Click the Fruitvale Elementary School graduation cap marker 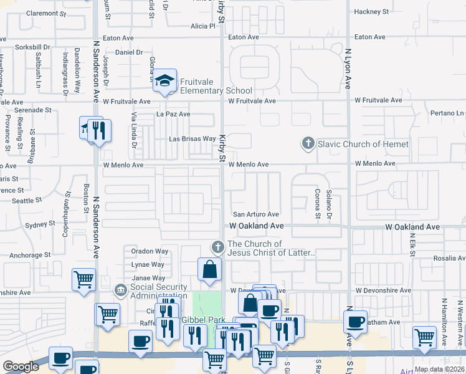(x=165, y=80)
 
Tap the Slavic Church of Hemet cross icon (x=308, y=144)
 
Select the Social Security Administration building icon (x=120, y=290)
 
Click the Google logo (x=21, y=367)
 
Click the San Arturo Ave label (x=255, y=214)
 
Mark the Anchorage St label (x=30, y=255)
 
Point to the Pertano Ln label (x=447, y=113)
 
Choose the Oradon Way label (x=150, y=251)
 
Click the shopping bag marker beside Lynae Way (x=210, y=270)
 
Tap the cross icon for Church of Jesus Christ (x=218, y=248)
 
